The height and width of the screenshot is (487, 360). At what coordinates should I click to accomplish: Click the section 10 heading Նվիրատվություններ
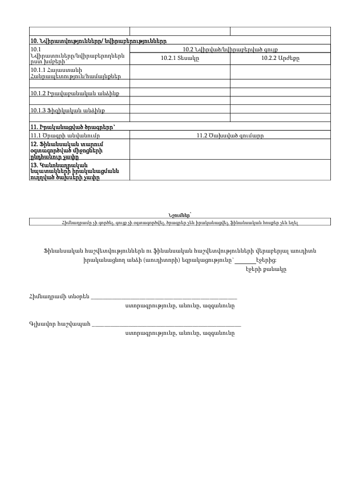[98, 40]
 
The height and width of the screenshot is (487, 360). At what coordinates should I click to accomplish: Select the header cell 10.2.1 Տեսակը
[180, 58]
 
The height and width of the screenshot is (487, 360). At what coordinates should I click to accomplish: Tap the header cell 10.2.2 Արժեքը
[280, 58]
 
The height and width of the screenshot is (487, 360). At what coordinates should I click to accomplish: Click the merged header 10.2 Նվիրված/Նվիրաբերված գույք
[230, 49]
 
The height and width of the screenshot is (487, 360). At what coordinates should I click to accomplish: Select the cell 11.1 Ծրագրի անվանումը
[65, 135]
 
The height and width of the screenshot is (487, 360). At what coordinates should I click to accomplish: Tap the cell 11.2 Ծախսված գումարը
[230, 135]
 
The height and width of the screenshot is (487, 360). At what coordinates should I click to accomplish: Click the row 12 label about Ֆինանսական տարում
[65, 149]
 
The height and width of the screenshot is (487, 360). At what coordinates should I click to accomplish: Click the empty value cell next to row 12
[230, 149]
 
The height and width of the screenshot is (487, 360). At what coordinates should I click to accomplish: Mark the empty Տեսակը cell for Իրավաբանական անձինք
[180, 92]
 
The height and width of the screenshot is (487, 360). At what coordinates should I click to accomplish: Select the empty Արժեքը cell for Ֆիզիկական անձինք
[280, 109]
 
